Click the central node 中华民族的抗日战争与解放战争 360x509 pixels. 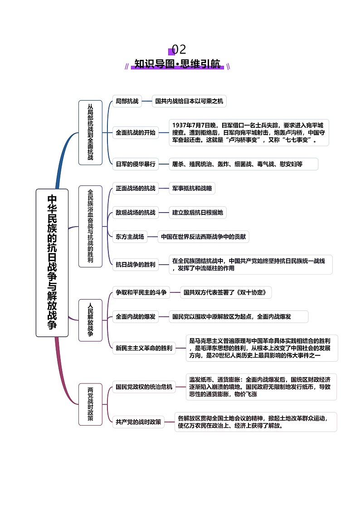(x=52, y=262)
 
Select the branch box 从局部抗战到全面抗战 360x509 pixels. (x=90, y=132)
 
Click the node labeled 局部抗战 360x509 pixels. (x=127, y=102)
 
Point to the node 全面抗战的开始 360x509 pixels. (x=135, y=133)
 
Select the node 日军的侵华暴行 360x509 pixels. (x=135, y=164)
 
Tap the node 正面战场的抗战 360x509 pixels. (x=135, y=188)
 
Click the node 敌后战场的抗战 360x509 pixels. (x=135, y=212)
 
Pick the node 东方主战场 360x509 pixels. (x=130, y=236)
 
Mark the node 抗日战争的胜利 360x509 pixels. (x=135, y=265)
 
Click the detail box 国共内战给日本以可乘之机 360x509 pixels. (x=189, y=102)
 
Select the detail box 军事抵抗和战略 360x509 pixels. (x=192, y=188)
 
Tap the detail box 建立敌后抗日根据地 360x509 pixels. (x=198, y=212)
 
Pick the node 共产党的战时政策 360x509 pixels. (x=138, y=422)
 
